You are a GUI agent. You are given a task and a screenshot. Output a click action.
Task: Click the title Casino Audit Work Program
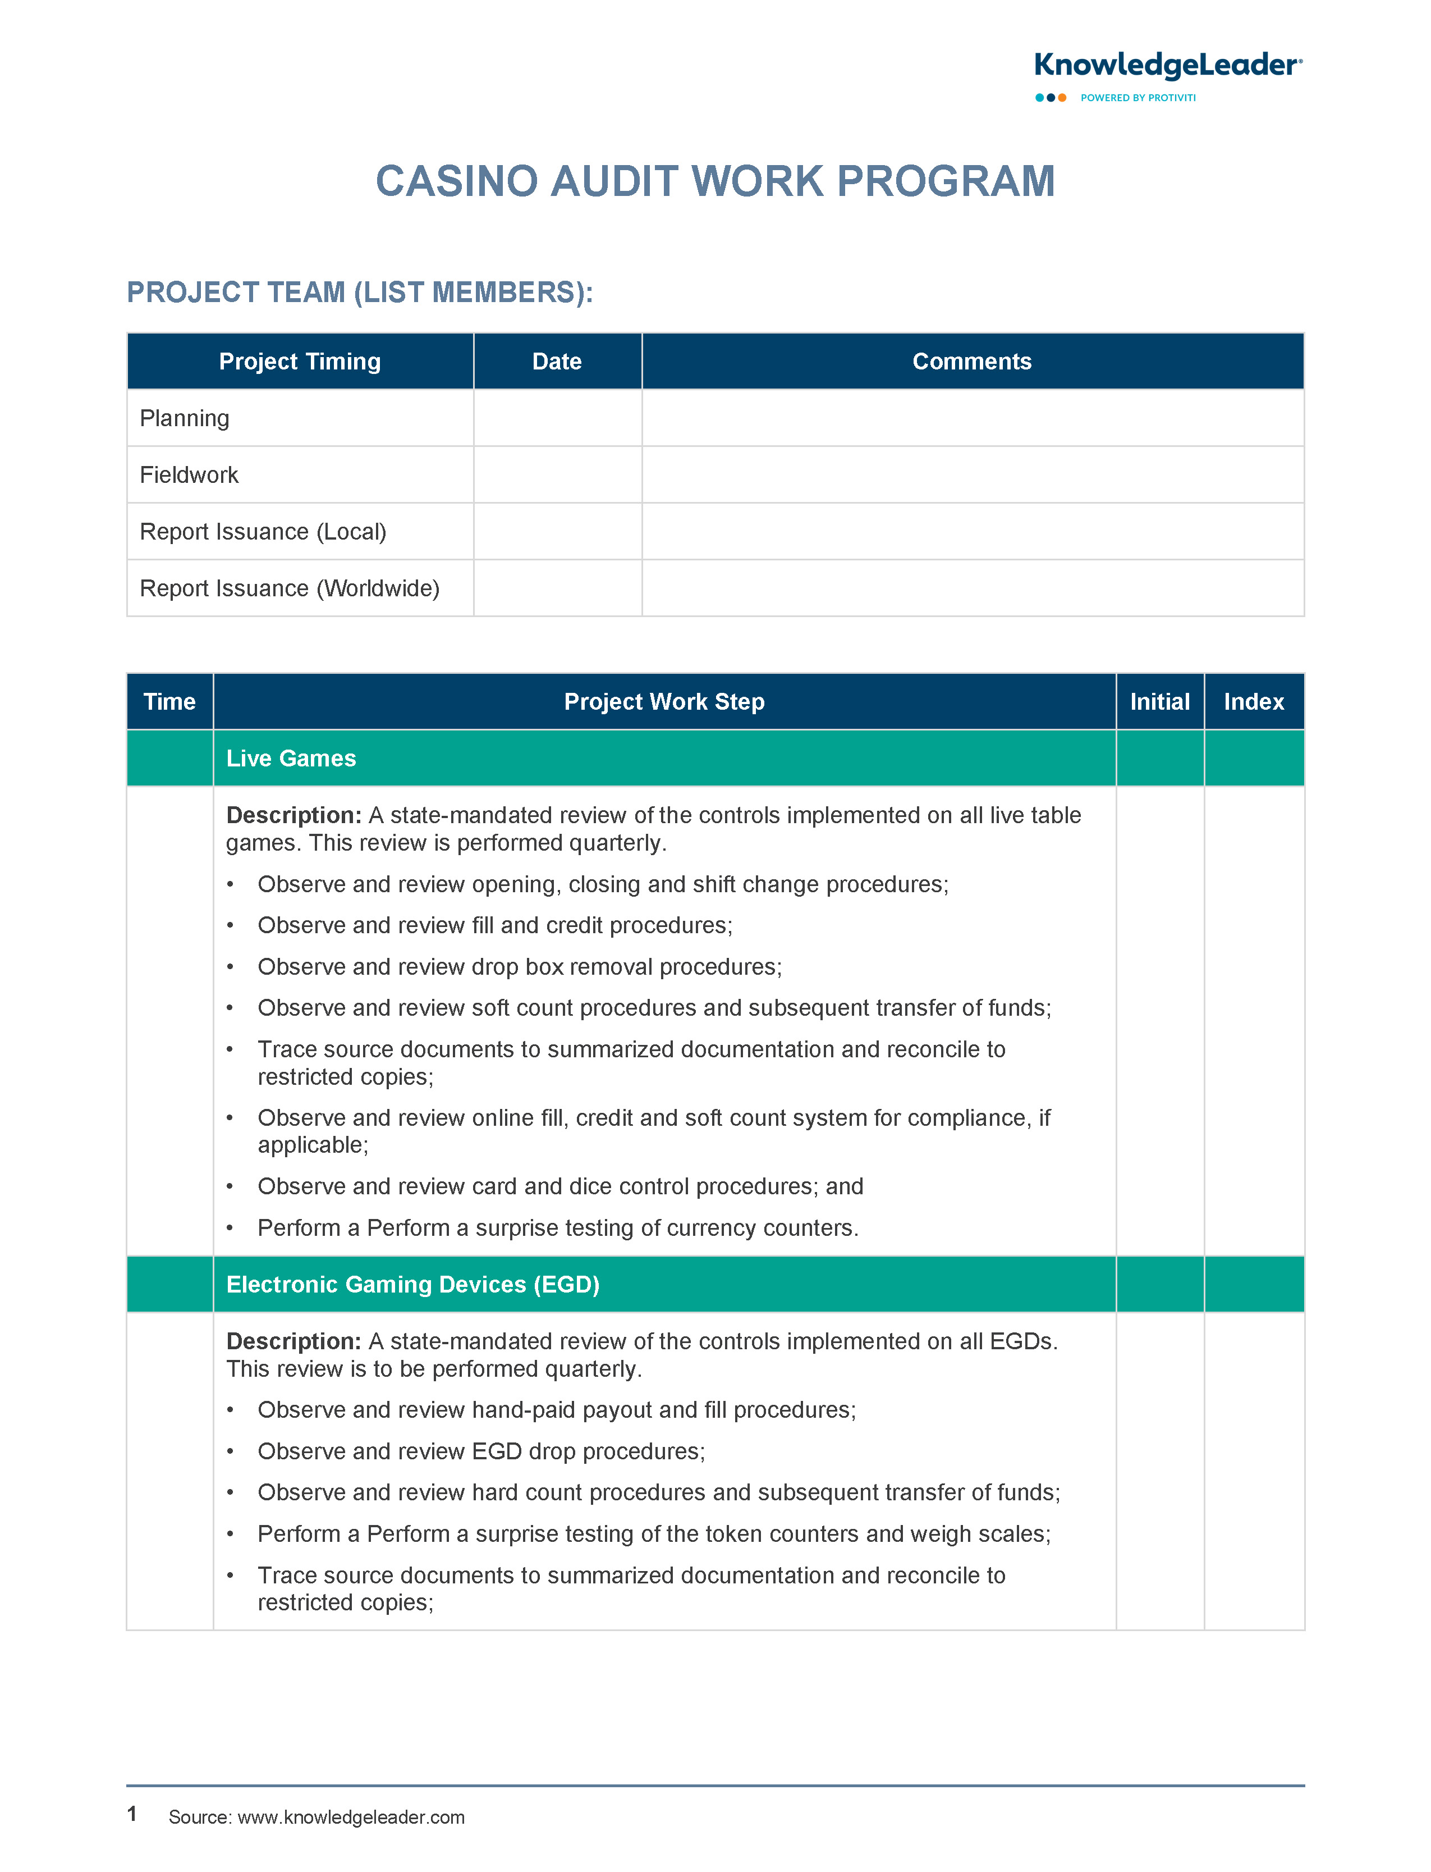pos(715,181)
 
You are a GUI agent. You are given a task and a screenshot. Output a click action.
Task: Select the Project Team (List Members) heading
pos(360,293)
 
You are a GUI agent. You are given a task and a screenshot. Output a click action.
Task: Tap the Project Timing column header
pos(300,361)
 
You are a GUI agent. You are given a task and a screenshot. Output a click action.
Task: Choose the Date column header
pos(557,361)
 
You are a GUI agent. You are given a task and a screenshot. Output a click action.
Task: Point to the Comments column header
pos(972,361)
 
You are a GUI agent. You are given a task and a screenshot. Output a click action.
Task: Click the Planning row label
pos(185,418)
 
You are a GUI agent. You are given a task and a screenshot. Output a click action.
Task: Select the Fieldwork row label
pos(189,474)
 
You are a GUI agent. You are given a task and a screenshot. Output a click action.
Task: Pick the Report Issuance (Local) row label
pos(263,532)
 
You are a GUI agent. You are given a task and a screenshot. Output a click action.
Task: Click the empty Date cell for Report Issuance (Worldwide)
pos(557,588)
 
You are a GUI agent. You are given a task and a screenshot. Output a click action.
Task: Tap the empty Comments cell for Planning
pos(972,418)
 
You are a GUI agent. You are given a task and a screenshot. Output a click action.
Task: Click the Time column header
pos(169,701)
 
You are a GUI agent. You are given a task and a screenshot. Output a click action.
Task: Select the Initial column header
pos(1159,701)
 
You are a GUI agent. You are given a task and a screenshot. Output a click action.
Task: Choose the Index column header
pos(1254,701)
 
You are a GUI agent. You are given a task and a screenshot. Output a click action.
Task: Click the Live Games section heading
pos(291,759)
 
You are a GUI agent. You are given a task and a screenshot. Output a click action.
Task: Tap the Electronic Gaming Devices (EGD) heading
pos(413,1284)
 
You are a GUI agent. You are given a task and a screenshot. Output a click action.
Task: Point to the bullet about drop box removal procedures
pos(520,966)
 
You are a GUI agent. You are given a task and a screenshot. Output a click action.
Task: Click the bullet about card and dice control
pos(561,1186)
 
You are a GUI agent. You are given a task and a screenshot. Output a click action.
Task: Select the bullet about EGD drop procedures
pos(481,1451)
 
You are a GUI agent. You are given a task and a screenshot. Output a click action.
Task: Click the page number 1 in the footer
pos(132,1813)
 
